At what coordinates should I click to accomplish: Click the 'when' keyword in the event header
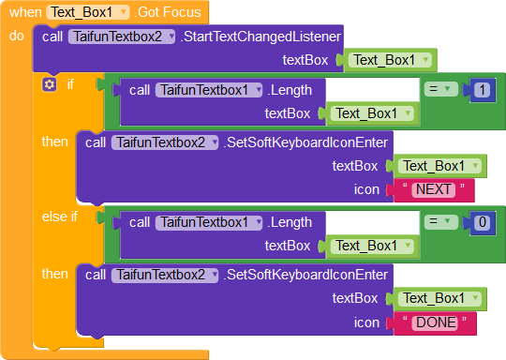coord(24,12)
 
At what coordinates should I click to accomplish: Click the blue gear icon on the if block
coord(50,84)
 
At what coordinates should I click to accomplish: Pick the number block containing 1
coord(481,90)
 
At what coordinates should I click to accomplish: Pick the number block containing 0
coord(481,223)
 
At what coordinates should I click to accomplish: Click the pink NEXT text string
coord(434,189)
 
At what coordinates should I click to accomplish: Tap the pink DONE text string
coord(436,322)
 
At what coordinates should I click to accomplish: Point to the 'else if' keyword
coord(60,217)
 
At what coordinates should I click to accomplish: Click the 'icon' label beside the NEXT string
coord(366,189)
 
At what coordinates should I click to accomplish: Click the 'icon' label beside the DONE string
coord(366,322)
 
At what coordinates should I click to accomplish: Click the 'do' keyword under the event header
coord(17,37)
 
